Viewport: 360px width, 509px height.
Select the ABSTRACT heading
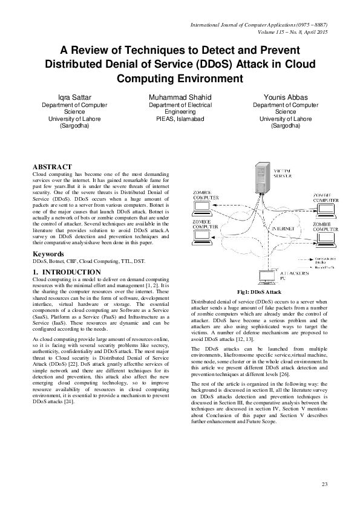pyautogui.click(x=52, y=167)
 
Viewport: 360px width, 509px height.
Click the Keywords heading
pyautogui.click(x=48, y=254)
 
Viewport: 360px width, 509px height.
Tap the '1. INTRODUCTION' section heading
pyautogui.click(x=67, y=273)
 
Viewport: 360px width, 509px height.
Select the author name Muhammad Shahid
pyautogui.click(x=180, y=97)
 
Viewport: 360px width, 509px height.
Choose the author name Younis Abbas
pyautogui.click(x=286, y=97)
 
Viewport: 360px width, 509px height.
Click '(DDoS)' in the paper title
pyautogui.click(x=221, y=64)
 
